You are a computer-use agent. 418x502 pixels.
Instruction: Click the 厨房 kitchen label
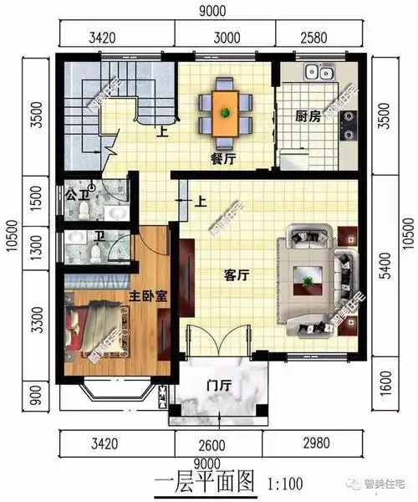click(x=308, y=118)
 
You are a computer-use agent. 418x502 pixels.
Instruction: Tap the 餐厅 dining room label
click(x=222, y=160)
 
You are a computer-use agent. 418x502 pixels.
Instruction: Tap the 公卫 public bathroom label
click(x=75, y=197)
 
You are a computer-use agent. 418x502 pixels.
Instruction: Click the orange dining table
click(x=225, y=107)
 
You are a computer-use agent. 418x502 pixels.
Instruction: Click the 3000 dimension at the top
click(x=225, y=37)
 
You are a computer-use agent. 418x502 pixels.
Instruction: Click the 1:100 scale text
click(x=285, y=483)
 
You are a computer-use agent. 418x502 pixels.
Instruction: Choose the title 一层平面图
click(x=205, y=483)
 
